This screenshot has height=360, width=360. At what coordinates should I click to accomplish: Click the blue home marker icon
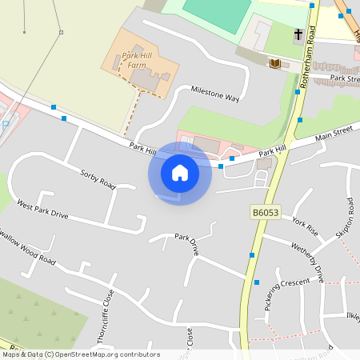click(180, 172)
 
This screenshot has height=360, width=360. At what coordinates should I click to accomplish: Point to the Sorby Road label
click(98, 178)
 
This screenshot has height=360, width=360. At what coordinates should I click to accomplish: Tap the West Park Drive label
click(42, 210)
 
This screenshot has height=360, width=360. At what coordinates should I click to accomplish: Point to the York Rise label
click(305, 226)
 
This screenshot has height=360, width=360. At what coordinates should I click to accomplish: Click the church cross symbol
click(298, 34)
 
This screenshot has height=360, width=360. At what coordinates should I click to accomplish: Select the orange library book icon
click(275, 63)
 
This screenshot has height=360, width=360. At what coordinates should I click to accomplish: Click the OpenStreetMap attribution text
click(80, 354)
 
